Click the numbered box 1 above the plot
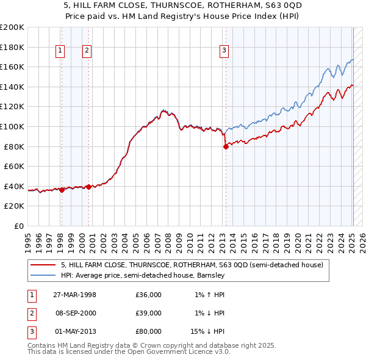(x=61, y=51)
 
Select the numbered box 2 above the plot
(x=87, y=51)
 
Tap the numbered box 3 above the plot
(x=224, y=51)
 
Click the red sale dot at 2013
(x=225, y=146)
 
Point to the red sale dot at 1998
(x=62, y=190)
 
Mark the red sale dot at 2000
(x=88, y=187)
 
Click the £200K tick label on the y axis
(x=12, y=27)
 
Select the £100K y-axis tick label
(x=12, y=126)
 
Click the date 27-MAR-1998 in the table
(x=74, y=295)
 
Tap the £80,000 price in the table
(x=148, y=331)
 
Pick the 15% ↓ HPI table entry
(x=208, y=331)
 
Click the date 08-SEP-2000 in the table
(x=74, y=313)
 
